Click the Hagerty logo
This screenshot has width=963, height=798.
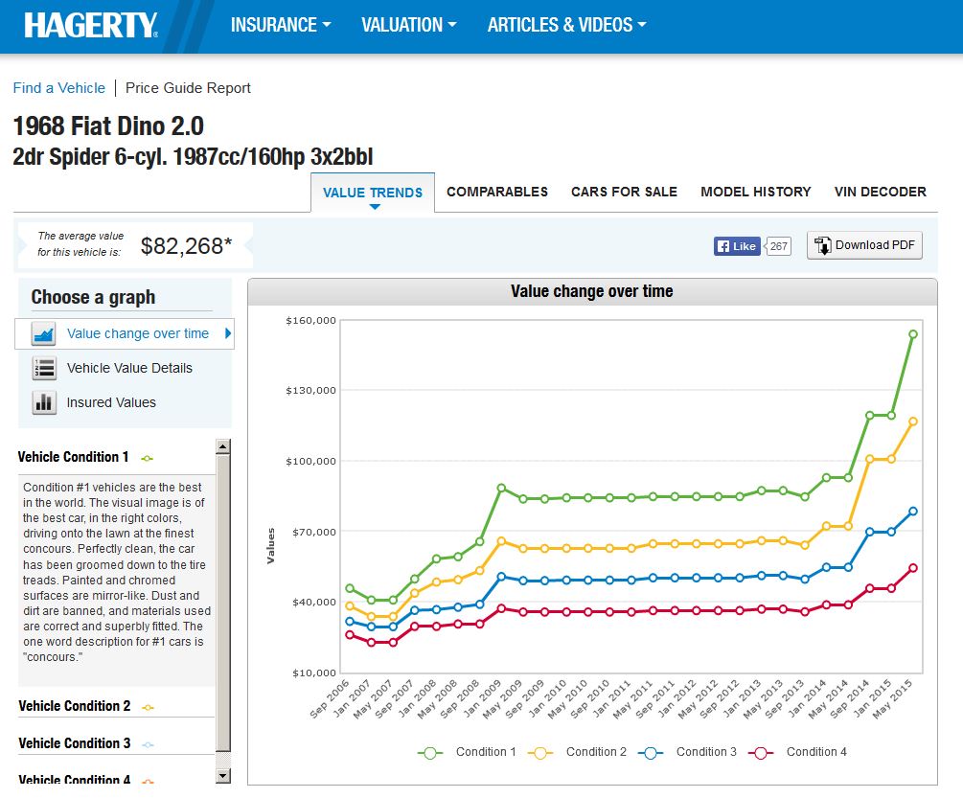(x=91, y=26)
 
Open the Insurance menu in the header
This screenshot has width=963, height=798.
(x=281, y=26)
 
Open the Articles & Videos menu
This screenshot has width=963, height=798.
(x=566, y=26)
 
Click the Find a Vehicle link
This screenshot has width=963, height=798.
(x=59, y=88)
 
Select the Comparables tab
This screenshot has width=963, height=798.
(x=497, y=192)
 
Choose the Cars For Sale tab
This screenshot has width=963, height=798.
(x=624, y=192)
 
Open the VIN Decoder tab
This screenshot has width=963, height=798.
(x=881, y=192)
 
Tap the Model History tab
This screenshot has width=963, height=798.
(x=756, y=192)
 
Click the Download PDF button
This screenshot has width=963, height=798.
(x=864, y=245)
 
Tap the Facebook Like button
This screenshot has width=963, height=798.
(x=737, y=246)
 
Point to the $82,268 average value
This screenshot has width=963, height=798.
(x=186, y=246)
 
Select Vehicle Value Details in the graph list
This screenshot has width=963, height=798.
(x=129, y=368)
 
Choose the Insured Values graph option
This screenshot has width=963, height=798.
(x=111, y=402)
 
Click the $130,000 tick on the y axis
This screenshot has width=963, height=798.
(x=310, y=390)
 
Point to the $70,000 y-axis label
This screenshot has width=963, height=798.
(x=312, y=532)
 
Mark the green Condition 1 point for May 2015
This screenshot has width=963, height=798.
(x=913, y=334)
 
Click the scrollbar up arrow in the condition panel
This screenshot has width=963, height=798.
(x=223, y=446)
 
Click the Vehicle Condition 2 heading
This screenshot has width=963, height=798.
(x=75, y=706)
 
